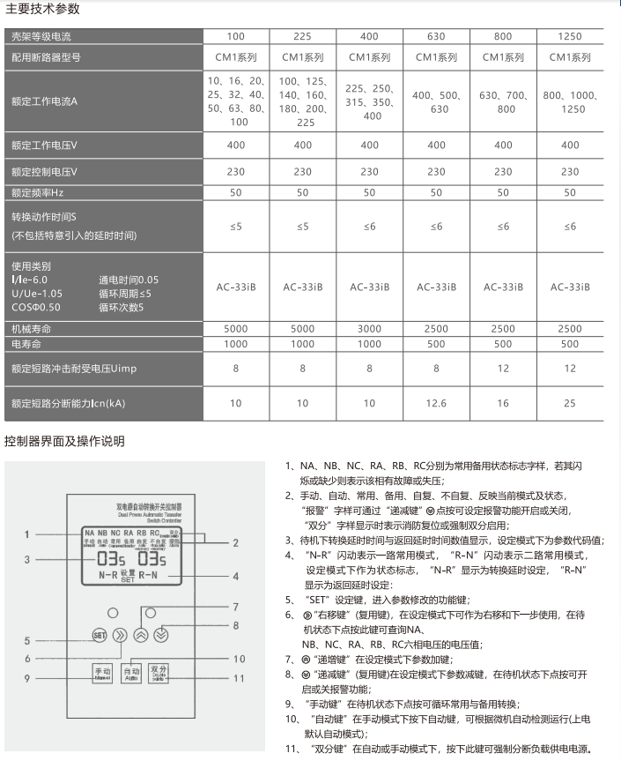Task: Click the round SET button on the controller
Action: pos(100,634)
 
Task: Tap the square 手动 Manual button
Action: pos(103,675)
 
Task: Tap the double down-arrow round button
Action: pos(161,633)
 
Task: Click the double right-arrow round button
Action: pos(122,634)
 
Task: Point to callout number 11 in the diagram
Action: pos(239,678)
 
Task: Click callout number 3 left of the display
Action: pos(27,559)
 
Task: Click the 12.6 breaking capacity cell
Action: pos(436,403)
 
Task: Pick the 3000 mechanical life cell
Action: pos(369,329)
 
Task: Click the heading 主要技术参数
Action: pos(41,10)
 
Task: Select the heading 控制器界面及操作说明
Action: pos(64,441)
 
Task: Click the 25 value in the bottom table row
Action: pos(571,403)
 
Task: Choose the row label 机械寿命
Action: pos(27,329)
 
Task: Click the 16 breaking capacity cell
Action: pos(503,403)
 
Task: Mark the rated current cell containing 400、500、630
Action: pos(436,101)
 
